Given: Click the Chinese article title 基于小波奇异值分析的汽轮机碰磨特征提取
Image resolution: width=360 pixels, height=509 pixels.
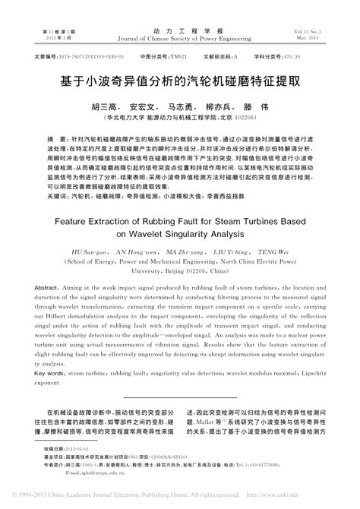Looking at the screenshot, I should pos(180,78).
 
